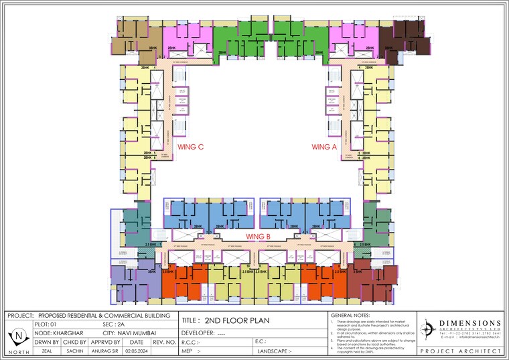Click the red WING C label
point(190,146)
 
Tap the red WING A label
point(325,146)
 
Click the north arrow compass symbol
point(20,335)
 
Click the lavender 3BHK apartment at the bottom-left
point(135,280)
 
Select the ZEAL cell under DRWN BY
point(47,351)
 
